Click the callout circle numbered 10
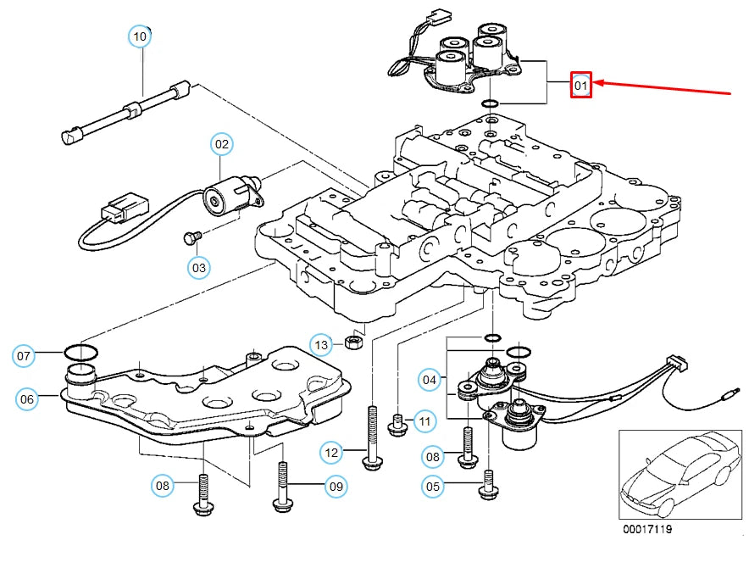click(140, 36)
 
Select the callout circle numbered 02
click(221, 145)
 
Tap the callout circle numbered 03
click(198, 268)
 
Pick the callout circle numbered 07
click(24, 356)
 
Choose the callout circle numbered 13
click(321, 345)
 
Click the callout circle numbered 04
click(430, 380)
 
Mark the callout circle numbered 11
click(424, 420)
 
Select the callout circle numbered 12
click(331, 454)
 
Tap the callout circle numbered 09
click(336, 487)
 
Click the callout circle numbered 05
click(434, 486)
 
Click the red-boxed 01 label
click(580, 85)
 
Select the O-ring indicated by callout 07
click(80, 351)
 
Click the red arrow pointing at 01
click(661, 87)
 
